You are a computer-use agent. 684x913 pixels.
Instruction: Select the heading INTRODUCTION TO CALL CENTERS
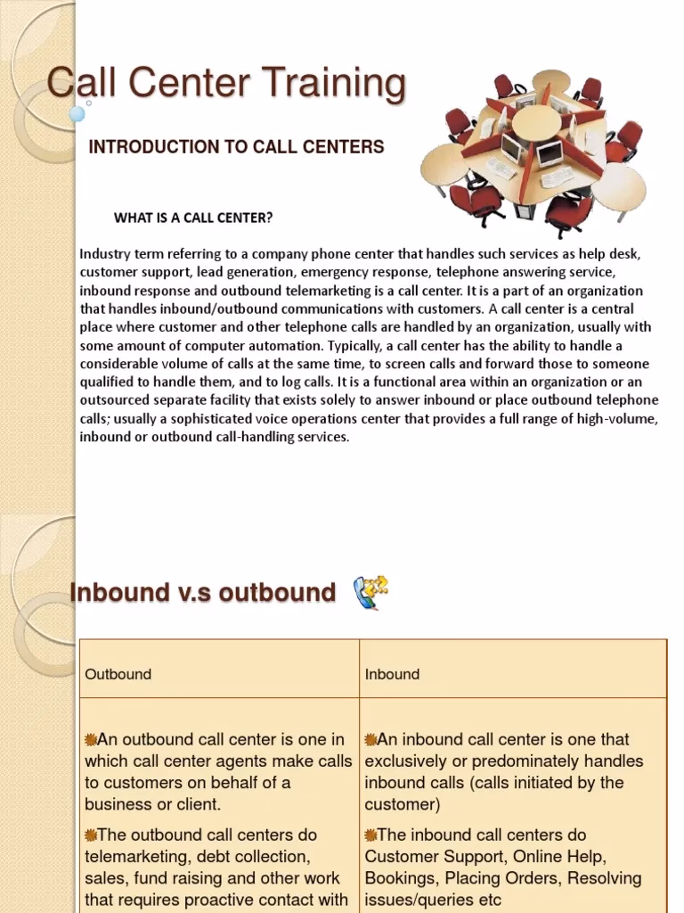tap(236, 147)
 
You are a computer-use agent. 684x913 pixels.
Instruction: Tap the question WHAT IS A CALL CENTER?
tap(193, 218)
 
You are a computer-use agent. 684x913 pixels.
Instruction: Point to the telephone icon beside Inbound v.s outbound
tap(371, 593)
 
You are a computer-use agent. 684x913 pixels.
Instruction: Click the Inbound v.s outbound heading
tap(203, 592)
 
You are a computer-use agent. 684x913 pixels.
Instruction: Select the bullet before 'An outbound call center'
tap(90, 739)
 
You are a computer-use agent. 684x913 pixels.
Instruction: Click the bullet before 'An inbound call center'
tap(370, 739)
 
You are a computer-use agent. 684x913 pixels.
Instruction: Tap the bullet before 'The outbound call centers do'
tap(90, 835)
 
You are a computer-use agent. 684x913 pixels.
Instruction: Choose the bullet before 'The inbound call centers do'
tap(370, 835)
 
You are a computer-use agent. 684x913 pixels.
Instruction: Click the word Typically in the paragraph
tap(359, 345)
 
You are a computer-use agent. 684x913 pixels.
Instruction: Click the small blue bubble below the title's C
tap(78, 114)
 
